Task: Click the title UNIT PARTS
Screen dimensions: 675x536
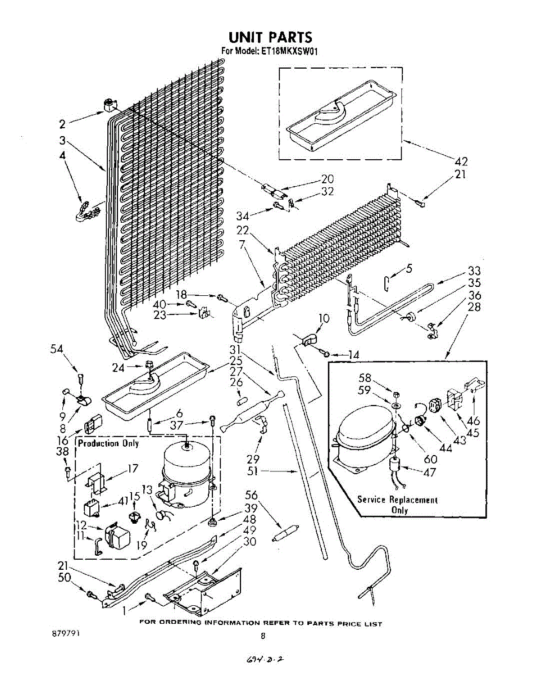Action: click(x=270, y=37)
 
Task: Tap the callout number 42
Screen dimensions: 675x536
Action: click(x=460, y=162)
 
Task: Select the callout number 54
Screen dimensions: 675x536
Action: click(x=56, y=349)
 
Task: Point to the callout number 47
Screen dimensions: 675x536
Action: click(x=429, y=472)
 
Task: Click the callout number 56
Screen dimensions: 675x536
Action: click(x=251, y=495)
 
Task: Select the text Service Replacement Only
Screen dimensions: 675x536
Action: click(x=397, y=505)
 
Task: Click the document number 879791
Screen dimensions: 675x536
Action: click(x=64, y=633)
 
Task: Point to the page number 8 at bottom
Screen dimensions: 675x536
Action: click(x=262, y=636)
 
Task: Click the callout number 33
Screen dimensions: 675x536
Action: click(x=474, y=271)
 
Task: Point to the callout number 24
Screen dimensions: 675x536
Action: click(x=118, y=369)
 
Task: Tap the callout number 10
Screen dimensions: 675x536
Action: click(x=324, y=319)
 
